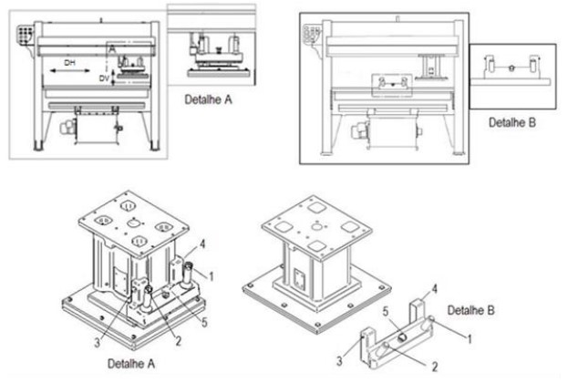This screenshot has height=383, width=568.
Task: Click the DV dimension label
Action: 104,80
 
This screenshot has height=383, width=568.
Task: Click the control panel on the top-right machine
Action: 312,33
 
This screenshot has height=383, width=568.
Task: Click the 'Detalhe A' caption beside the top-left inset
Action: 210,97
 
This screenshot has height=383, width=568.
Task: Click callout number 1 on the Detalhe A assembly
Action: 210,274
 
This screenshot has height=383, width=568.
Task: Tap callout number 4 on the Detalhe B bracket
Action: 434,289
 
